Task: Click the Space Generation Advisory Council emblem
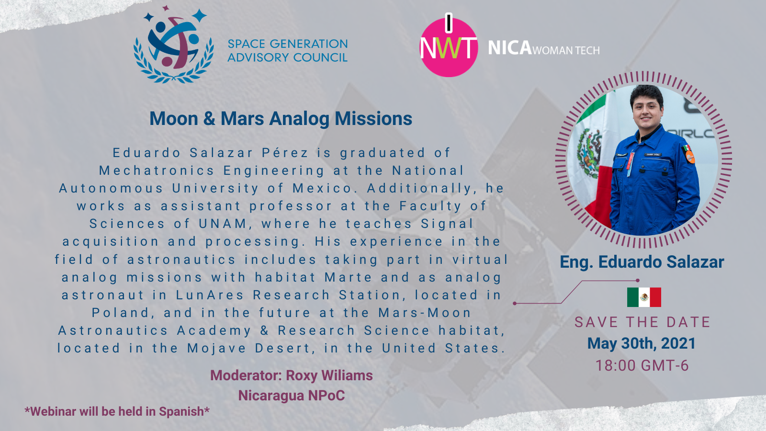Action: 174,45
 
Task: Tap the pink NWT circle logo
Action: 449,47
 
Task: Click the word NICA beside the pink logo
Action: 510,48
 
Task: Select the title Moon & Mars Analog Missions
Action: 281,119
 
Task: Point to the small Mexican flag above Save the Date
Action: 644,297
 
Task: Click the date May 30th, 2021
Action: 642,343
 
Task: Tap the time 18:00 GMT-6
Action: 642,365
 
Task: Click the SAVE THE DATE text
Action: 642,322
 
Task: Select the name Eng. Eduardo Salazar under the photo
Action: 642,262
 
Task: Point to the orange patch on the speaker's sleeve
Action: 690,157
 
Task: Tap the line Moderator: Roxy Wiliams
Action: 292,375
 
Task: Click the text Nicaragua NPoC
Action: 292,396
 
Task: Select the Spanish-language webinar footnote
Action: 117,411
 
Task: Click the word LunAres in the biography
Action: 210,295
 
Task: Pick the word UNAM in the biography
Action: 223,224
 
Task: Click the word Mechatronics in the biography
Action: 157,170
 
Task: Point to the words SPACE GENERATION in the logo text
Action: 288,44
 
